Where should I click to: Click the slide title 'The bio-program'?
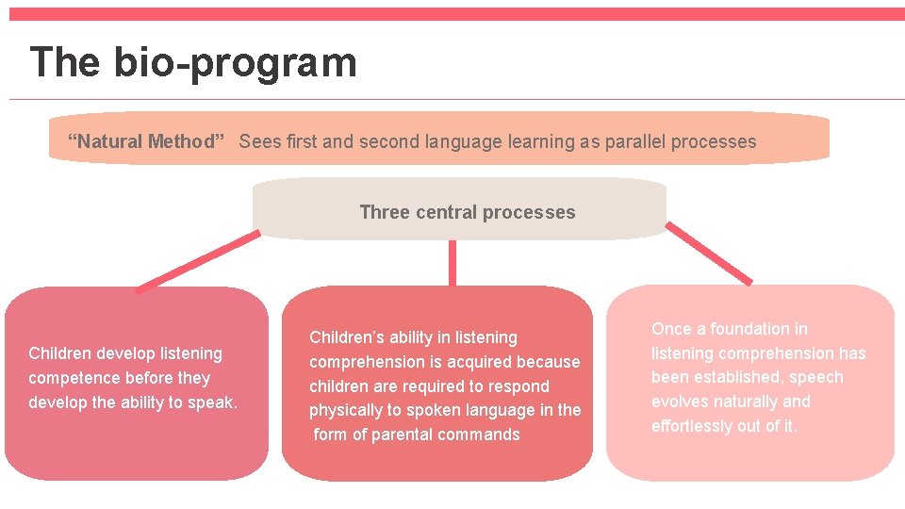[x=193, y=63]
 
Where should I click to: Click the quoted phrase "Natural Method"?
[x=146, y=142]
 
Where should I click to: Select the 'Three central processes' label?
[x=467, y=212]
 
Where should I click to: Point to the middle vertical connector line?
[x=452, y=262]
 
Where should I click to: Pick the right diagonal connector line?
[x=709, y=253]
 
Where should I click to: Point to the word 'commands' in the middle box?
[x=485, y=435]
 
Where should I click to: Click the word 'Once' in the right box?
[x=671, y=329]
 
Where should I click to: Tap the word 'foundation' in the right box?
[x=759, y=329]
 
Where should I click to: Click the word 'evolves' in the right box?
[x=680, y=402]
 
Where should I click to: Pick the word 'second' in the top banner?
[x=350, y=142]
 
